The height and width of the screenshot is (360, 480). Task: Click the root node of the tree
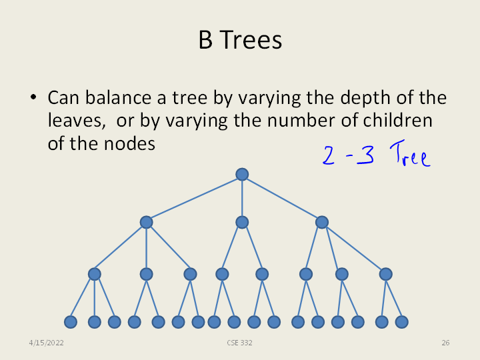point(242,174)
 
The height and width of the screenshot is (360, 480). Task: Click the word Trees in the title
point(251,40)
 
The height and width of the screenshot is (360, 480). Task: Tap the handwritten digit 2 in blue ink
point(329,155)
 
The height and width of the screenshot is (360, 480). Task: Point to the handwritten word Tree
point(410,153)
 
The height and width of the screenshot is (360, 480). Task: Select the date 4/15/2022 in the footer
point(46,343)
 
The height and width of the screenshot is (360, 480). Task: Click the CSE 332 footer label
point(240,343)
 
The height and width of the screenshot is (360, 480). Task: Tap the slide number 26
point(445,343)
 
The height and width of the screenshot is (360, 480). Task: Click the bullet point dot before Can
point(33,97)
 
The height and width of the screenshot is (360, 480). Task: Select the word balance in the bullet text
point(118,97)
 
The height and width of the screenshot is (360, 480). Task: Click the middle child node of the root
point(242,222)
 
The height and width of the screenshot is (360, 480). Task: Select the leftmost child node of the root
point(146,222)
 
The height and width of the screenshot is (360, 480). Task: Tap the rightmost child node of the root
point(322,222)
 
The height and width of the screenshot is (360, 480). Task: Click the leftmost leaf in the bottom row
point(71,322)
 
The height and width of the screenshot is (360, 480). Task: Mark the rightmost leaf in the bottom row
point(401,322)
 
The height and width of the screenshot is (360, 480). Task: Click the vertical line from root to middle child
point(242,199)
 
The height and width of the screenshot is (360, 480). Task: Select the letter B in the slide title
point(205,40)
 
